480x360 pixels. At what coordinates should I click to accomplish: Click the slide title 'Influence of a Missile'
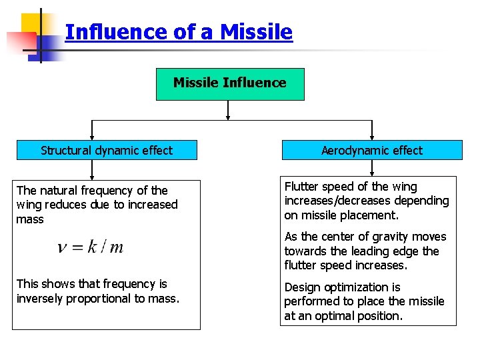179,32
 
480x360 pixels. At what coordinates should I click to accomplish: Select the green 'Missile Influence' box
230,83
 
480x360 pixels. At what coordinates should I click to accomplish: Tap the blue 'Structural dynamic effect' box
107,151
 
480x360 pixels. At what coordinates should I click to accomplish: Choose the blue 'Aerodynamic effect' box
372,151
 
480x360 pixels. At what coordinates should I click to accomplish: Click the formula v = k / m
91,247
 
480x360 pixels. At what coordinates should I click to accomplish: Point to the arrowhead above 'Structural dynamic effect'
93,137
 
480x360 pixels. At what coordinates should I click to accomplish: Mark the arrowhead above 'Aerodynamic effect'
371,137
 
